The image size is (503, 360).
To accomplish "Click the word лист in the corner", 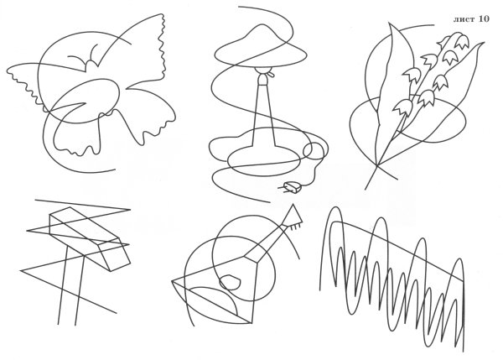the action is pos(464,19).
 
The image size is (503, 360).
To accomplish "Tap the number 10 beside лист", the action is pos(485,18).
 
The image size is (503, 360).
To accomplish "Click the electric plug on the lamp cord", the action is pos(291,188).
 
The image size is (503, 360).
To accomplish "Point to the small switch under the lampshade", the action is pos(272,75).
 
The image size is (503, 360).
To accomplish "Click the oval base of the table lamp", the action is pos(264,160).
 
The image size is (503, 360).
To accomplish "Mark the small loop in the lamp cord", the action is pos(314,151).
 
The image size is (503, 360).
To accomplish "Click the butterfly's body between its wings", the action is pos(91,65).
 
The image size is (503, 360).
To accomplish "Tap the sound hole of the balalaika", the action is pos(230,282).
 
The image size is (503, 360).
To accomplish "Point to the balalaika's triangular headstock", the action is pos(293,215).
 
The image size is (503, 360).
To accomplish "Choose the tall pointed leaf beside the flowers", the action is pos(386,97).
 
